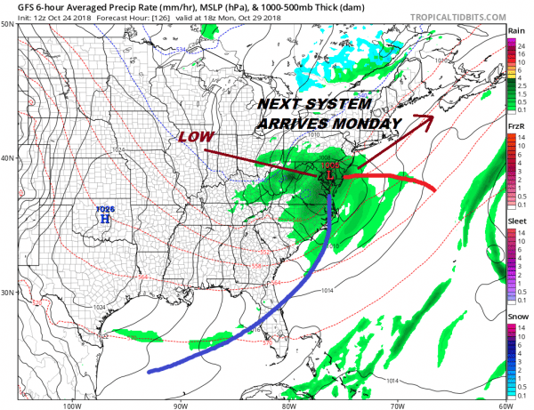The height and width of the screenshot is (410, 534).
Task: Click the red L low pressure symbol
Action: point(331,177)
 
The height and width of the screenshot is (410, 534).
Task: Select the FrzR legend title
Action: point(515,127)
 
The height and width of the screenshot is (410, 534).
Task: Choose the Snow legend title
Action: point(516,318)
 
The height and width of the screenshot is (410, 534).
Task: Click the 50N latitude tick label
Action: point(8,24)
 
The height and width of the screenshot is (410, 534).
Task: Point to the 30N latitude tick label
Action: point(8,293)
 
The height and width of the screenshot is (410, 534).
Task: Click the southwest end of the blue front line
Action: point(149,371)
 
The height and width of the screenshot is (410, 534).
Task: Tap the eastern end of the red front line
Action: point(434,190)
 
